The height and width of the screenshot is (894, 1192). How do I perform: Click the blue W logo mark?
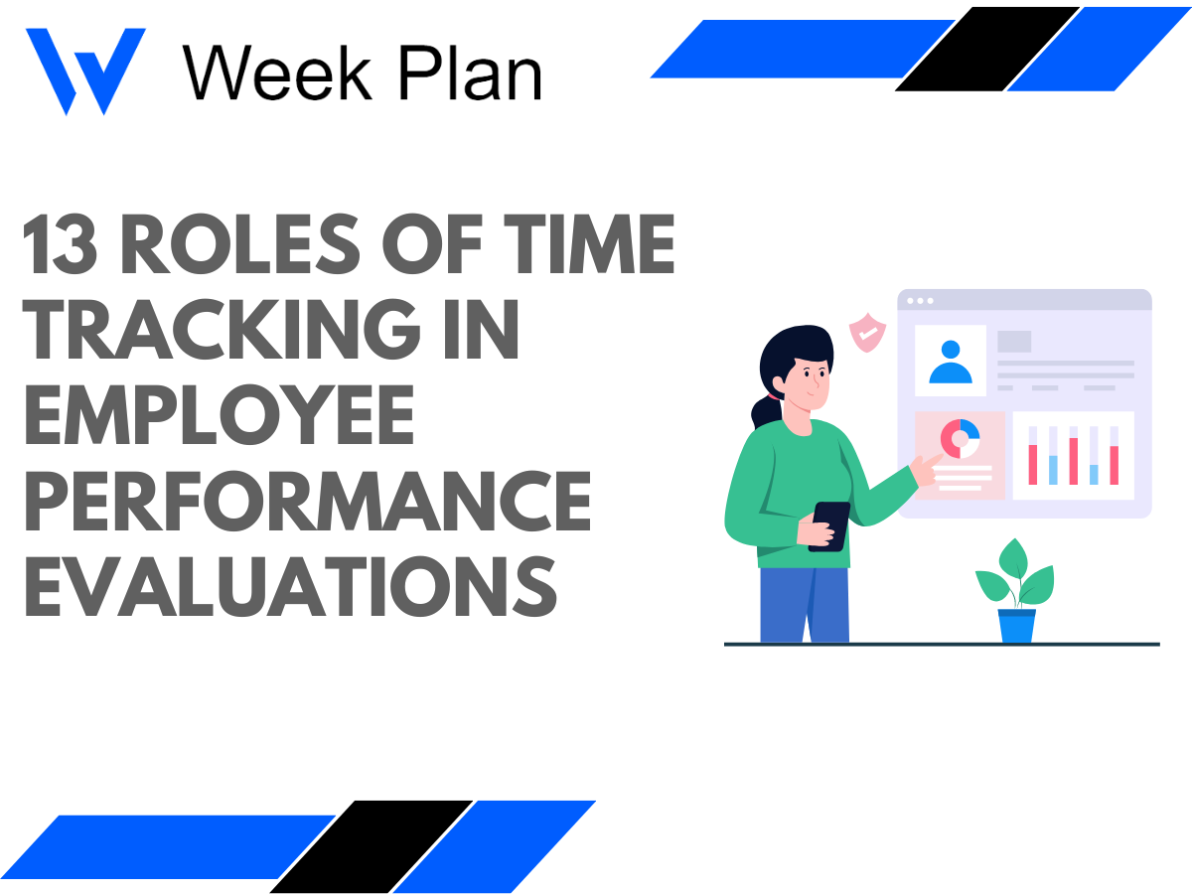pyautogui.click(x=85, y=70)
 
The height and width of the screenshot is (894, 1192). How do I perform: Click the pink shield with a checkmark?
pyautogui.click(x=867, y=333)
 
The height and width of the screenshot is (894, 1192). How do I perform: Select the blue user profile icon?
pyautogui.click(x=951, y=362)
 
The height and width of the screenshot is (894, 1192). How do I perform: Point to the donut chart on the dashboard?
pyautogui.click(x=960, y=437)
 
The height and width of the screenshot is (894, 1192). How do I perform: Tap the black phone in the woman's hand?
pyautogui.click(x=828, y=524)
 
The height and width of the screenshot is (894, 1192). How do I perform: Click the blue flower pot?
pyautogui.click(x=1016, y=625)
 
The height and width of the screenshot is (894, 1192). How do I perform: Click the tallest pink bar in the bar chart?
pyautogui.click(x=1073, y=460)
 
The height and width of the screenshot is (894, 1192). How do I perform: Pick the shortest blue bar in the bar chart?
pyautogui.click(x=1094, y=474)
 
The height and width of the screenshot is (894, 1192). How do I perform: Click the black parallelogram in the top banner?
pyautogui.click(x=986, y=49)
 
